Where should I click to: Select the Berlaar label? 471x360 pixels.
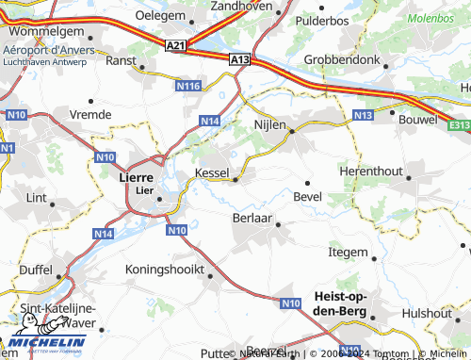252,218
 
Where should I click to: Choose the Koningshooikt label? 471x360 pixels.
165,269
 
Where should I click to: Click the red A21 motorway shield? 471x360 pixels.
175,45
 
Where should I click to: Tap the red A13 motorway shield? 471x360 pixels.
240,59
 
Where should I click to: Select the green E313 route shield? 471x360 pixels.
459,123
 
